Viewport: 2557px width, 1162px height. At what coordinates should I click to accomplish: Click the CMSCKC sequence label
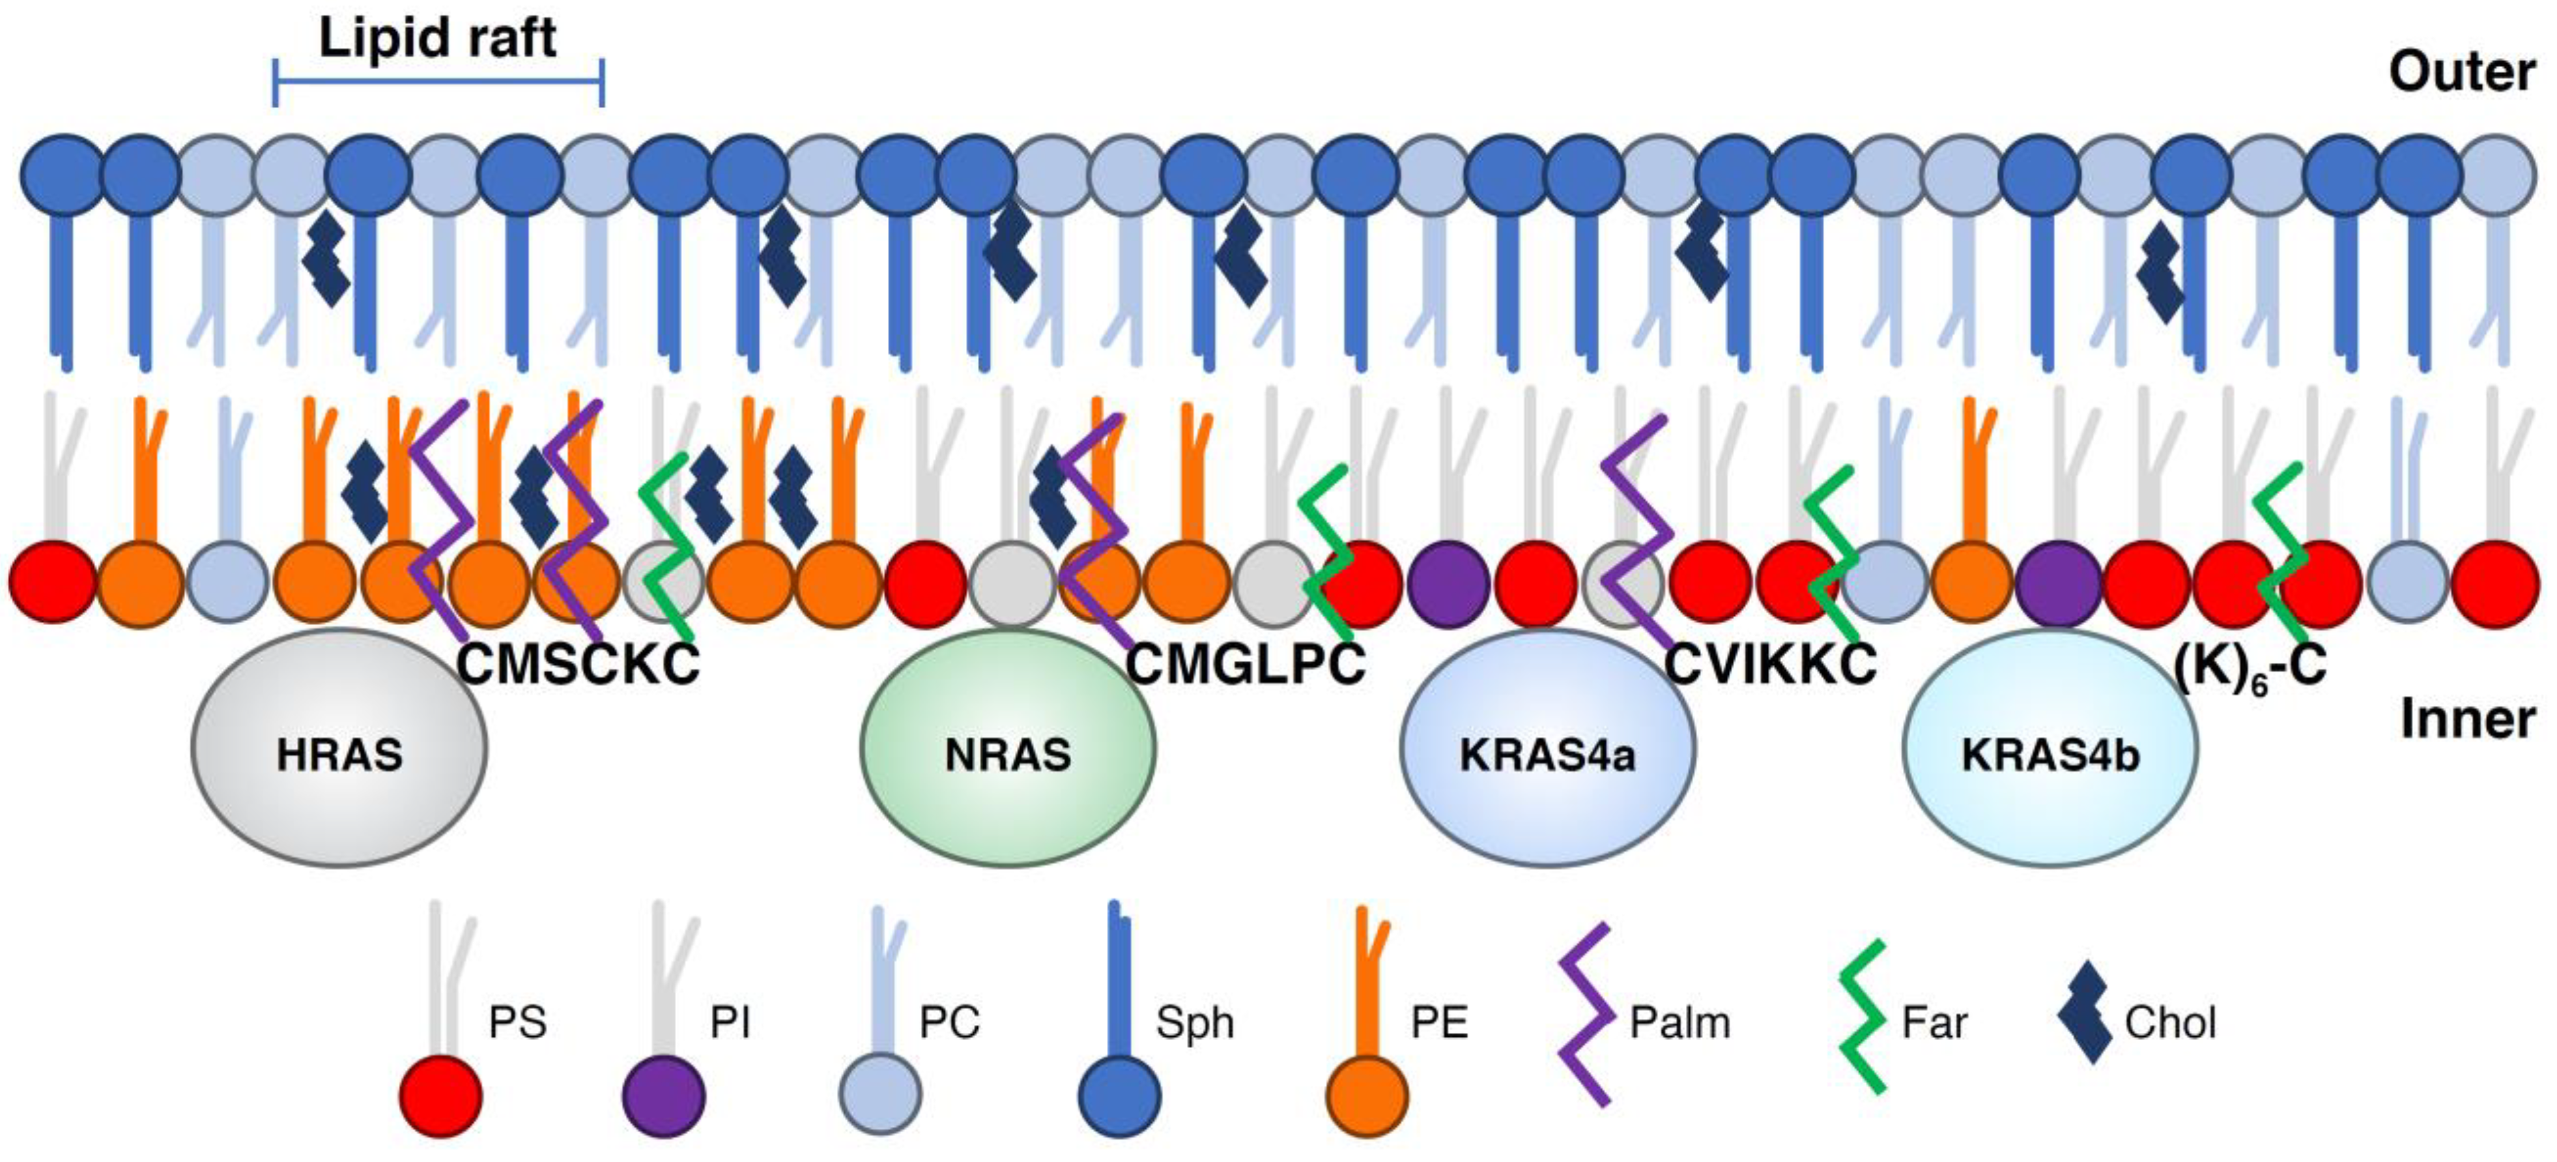[578, 663]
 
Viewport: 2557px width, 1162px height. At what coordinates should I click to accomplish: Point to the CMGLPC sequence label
[1245, 663]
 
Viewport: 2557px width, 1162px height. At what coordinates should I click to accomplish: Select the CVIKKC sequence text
[1770, 663]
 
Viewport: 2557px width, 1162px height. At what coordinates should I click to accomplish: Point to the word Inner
[2466, 718]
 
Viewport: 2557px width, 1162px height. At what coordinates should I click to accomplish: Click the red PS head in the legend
[441, 1096]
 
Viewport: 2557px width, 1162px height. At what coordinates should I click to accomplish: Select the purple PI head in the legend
[663, 1096]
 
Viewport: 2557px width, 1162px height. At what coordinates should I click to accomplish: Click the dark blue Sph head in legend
[1120, 1096]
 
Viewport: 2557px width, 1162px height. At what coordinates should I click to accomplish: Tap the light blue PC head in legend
[879, 1096]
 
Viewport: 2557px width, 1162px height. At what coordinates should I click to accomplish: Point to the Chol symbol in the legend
[2083, 1013]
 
